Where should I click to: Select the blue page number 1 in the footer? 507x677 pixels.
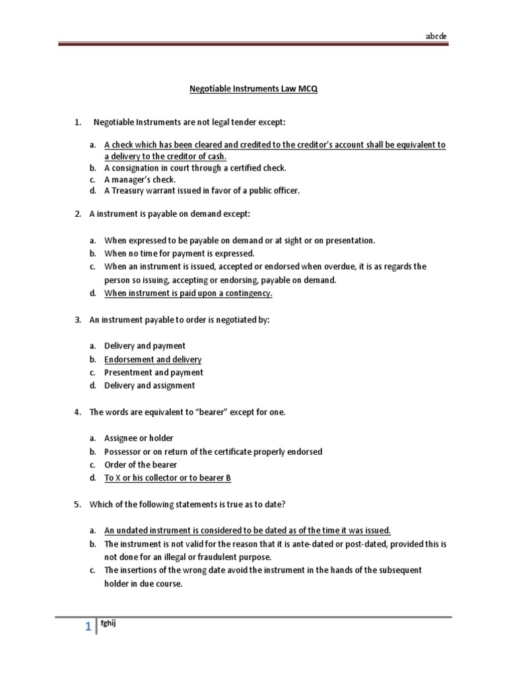coord(87,629)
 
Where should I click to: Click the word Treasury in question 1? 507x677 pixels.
coord(129,191)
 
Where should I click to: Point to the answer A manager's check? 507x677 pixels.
coord(140,179)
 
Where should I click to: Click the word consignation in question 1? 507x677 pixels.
coord(135,168)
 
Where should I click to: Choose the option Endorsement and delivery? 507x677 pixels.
coord(152,360)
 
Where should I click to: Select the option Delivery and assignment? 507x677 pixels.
coord(149,385)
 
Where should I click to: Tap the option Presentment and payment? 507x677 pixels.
coord(153,372)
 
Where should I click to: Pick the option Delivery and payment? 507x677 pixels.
coord(145,346)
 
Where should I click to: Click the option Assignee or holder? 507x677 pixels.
coord(139,438)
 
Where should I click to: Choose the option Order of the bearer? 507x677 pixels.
coord(141,465)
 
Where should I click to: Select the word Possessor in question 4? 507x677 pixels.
coord(123,452)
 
